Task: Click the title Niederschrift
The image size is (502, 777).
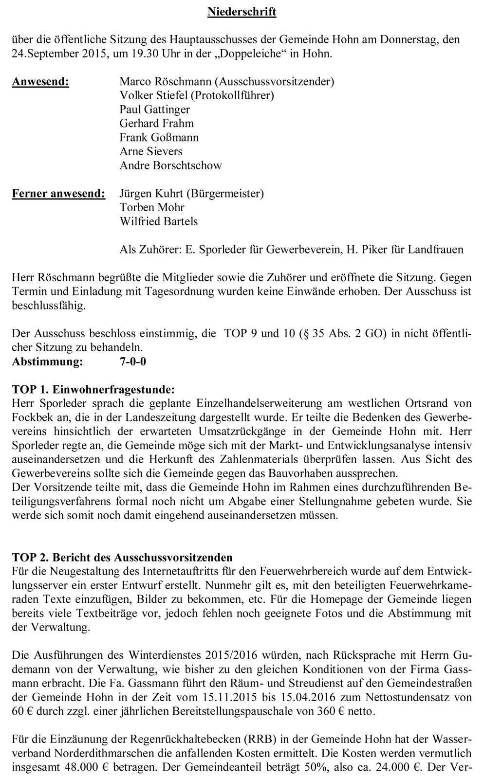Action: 242,12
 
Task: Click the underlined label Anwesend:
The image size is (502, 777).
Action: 40,82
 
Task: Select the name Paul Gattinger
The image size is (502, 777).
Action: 154,109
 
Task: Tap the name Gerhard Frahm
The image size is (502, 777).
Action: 156,124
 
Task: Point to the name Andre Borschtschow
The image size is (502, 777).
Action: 170,165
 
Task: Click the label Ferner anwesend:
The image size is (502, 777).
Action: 58,194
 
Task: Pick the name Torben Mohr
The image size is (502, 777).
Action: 152,208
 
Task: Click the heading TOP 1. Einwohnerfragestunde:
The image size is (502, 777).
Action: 93,390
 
